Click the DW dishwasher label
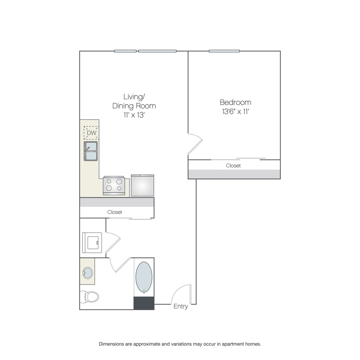click(x=92, y=133)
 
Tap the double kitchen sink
click(x=91, y=151)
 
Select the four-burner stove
click(x=114, y=186)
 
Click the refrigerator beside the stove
click(x=142, y=186)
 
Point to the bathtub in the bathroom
click(x=144, y=277)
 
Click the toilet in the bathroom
click(x=89, y=297)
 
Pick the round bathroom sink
click(x=88, y=273)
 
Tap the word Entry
click(x=181, y=306)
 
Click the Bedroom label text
click(x=235, y=102)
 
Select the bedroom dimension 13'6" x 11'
click(x=236, y=112)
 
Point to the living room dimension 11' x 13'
click(x=134, y=115)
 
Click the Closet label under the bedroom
click(x=233, y=166)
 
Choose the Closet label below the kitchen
click(x=114, y=212)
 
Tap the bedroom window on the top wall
click(x=224, y=51)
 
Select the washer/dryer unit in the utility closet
click(x=92, y=243)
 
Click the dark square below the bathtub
click(x=144, y=303)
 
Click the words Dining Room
click(x=134, y=106)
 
